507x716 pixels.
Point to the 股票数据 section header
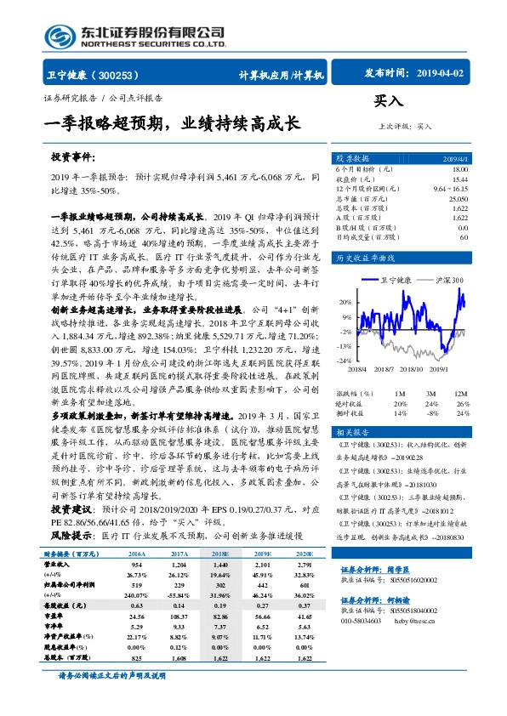point(351,158)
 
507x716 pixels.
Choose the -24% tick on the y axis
point(345,361)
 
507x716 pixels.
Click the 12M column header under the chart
point(461,394)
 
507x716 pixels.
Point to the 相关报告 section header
point(351,432)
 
